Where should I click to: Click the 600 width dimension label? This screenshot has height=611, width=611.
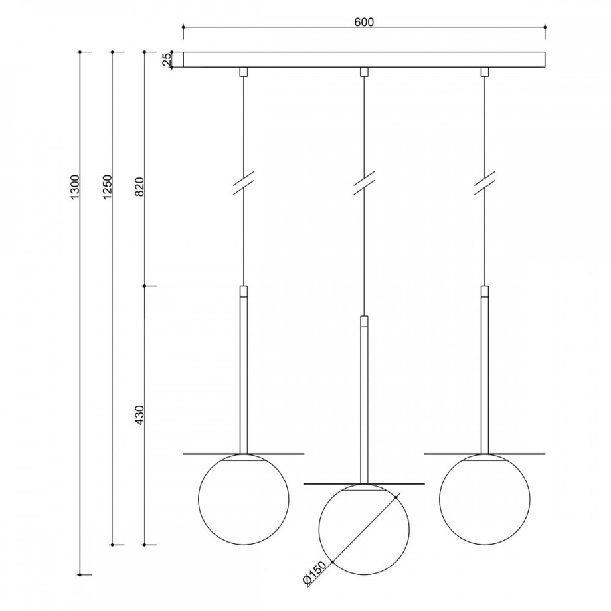[x=364, y=22]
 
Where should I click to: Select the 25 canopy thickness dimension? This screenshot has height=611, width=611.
[x=167, y=59]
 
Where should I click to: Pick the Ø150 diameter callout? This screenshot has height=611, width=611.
[x=314, y=572]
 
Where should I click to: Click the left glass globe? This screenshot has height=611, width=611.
[x=199, y=499]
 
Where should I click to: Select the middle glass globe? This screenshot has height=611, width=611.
[x=319, y=529]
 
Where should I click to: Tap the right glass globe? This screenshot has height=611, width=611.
[x=439, y=499]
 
